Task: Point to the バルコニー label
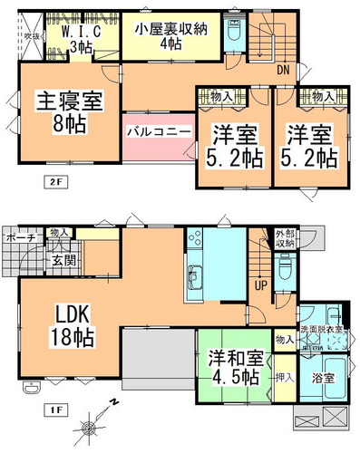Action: (158, 131)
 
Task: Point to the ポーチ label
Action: (19, 237)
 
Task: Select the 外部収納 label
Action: (286, 239)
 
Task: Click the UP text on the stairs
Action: (261, 286)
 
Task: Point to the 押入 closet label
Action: (282, 371)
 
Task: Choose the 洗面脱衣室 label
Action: (321, 329)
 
